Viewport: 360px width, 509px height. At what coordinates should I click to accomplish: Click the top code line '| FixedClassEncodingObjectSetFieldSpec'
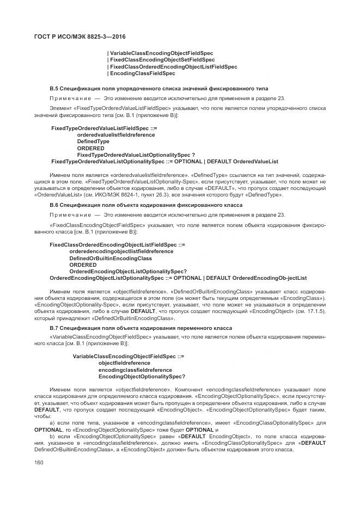[161, 60]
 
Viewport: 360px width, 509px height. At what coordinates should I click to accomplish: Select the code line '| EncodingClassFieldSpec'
[141, 73]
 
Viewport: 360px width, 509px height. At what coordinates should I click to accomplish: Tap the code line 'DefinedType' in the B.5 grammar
[93, 141]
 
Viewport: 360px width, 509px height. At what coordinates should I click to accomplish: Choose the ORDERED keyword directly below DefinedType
[90, 148]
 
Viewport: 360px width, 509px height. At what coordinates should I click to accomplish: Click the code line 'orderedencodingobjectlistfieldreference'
[121, 252]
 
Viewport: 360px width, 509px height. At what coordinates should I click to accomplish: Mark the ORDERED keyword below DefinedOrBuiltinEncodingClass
[83, 265]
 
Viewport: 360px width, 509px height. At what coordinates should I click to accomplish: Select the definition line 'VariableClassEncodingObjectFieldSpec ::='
[129, 356]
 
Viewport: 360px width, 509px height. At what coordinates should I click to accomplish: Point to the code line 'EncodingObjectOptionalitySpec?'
[142, 377]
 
